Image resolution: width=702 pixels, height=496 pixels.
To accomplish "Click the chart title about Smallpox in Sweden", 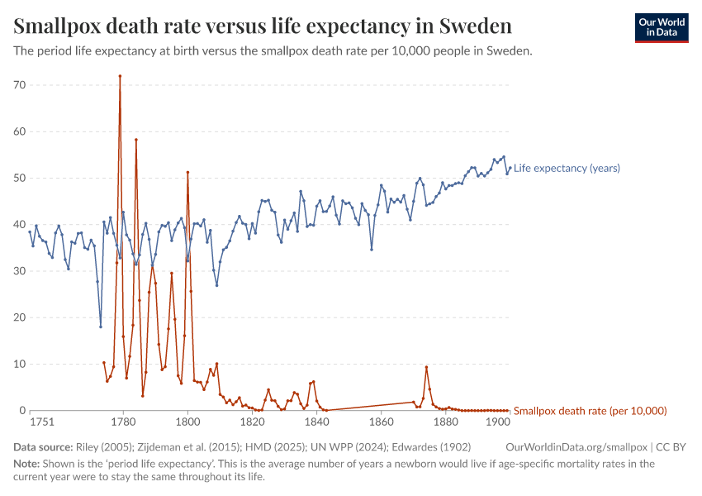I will [x=263, y=26].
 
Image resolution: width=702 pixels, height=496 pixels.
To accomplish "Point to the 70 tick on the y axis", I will [x=20, y=85].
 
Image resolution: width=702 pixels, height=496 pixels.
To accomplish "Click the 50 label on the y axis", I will [x=20, y=178].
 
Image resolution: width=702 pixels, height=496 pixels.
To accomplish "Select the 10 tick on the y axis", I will [x=20, y=364].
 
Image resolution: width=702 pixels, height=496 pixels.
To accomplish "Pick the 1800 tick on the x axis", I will [x=187, y=422].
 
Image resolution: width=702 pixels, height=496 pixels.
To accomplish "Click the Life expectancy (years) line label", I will [x=567, y=169].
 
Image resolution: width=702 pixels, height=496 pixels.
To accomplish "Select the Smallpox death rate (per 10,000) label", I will [x=590, y=411].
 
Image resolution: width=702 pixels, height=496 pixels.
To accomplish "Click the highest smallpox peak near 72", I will [x=120, y=76].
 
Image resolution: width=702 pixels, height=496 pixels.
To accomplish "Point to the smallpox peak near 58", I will [x=136, y=140].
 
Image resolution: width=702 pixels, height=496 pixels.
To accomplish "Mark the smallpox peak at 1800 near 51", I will [x=187, y=172].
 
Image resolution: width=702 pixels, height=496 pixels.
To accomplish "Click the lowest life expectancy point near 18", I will [x=101, y=327].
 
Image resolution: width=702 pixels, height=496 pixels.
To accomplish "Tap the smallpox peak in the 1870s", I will [x=426, y=367].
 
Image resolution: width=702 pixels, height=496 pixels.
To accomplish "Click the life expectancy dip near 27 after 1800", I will [x=217, y=285].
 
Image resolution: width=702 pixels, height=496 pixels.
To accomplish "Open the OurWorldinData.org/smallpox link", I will [x=576, y=446].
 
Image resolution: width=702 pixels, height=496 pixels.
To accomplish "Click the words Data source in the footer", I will [x=43, y=446].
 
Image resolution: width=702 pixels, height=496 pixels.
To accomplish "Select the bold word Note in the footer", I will [x=27, y=464].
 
